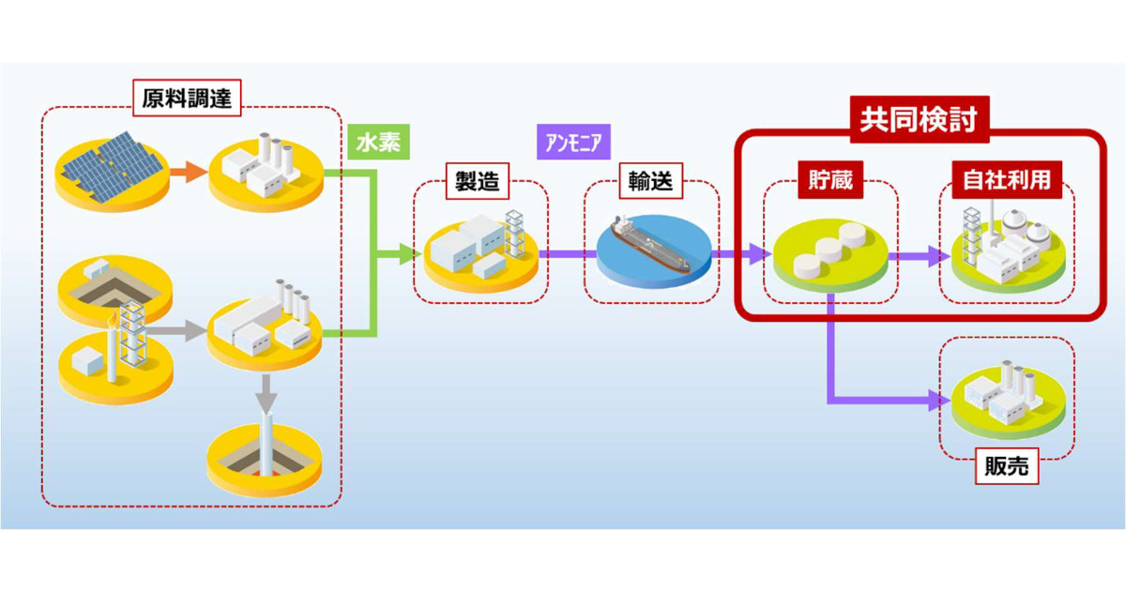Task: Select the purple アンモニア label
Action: click(573, 144)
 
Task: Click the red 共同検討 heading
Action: click(919, 119)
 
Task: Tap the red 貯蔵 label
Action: click(829, 180)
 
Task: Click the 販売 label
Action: click(1006, 466)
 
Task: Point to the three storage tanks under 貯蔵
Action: click(829, 249)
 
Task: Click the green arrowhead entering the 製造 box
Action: click(407, 252)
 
